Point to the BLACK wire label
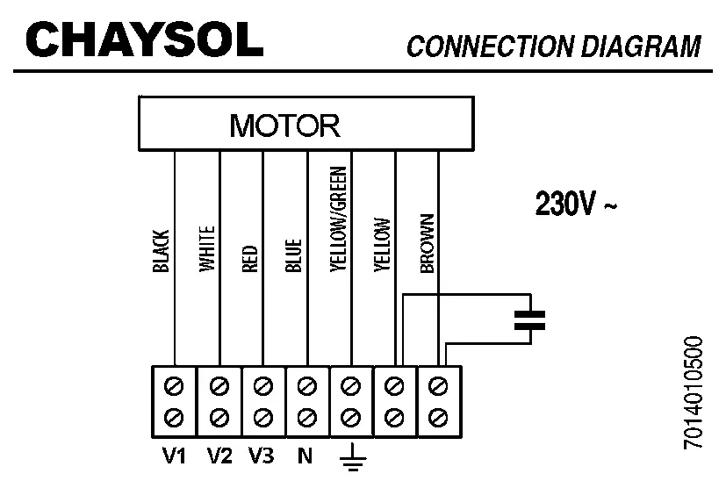point(161,250)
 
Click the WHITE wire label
point(206,250)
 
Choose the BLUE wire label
point(294,255)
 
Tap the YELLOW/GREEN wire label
point(338,220)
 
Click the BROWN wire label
point(428,243)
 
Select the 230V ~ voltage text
point(576,205)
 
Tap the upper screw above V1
point(175,384)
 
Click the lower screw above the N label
point(306,413)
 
